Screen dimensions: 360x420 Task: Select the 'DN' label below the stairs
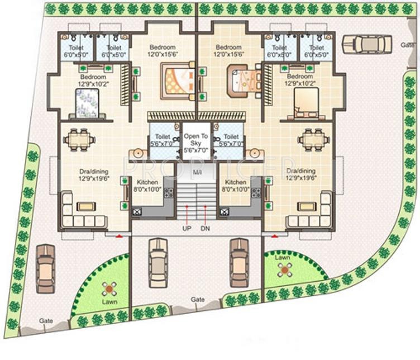pyautogui.click(x=206, y=229)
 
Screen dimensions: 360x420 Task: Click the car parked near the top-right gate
pyautogui.click(x=367, y=43)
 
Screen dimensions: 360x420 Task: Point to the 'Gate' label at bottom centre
pyautogui.click(x=198, y=300)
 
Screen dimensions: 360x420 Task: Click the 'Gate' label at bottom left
pyautogui.click(x=46, y=321)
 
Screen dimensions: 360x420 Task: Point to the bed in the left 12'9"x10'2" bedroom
pyautogui.click(x=88, y=103)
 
